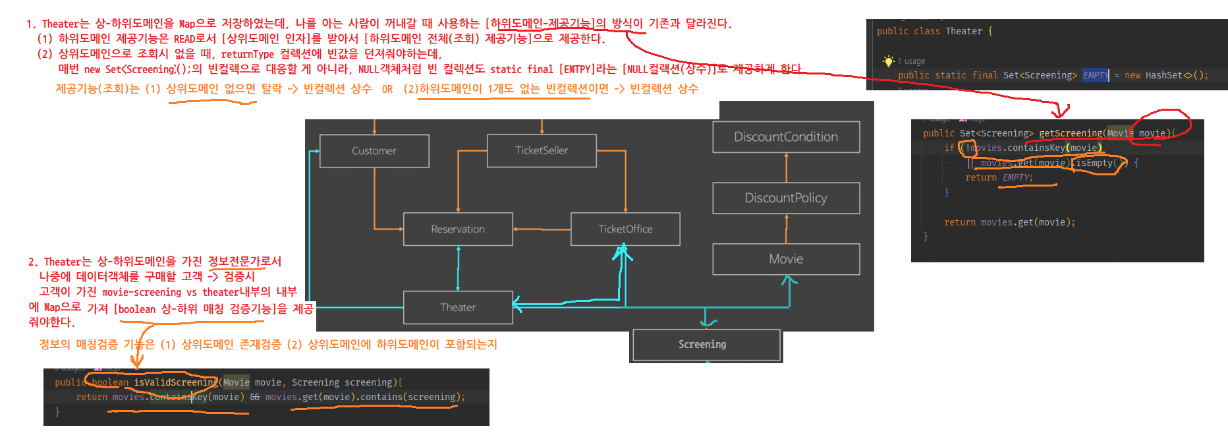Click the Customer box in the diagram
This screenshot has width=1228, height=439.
[x=374, y=151]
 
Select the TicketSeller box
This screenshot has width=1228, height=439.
[x=542, y=150]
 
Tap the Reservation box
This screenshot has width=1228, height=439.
[x=458, y=229]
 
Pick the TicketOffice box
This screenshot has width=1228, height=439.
[x=625, y=229]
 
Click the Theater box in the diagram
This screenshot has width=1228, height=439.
[x=458, y=307]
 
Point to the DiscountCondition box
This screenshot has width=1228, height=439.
[x=786, y=137]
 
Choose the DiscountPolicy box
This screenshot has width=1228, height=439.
[x=786, y=198]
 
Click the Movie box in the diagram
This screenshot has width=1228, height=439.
[x=786, y=259]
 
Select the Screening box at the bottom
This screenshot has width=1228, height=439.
[x=702, y=345]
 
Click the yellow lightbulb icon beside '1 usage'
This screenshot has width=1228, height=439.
[x=889, y=61]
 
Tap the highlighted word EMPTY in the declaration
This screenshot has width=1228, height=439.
[x=1095, y=75]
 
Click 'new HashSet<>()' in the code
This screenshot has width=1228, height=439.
[x=1166, y=75]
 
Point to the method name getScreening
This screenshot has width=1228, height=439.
[x=1070, y=133]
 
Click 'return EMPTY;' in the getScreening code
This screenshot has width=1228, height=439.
[x=999, y=177]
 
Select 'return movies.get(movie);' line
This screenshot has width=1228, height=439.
[x=1009, y=222]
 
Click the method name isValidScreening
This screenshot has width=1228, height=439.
[x=175, y=382]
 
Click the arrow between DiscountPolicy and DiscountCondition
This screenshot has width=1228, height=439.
[x=786, y=167]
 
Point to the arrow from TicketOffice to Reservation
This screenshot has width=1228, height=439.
[x=542, y=229]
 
